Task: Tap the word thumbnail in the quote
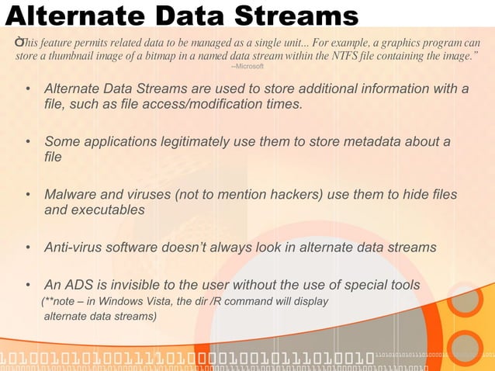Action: tap(70, 56)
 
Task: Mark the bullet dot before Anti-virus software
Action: tap(28, 248)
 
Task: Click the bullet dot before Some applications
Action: tap(28, 142)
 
